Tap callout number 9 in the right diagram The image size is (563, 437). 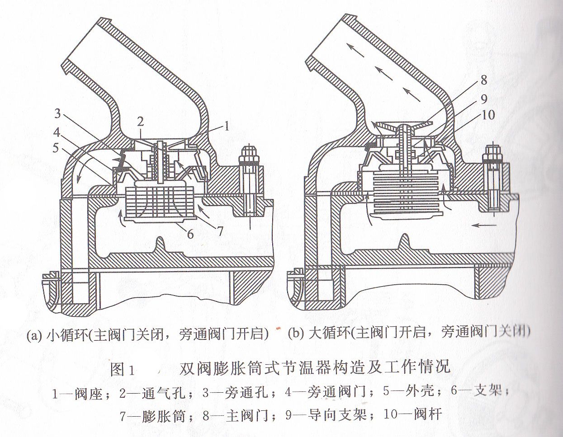483,98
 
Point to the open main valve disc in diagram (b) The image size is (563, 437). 404,125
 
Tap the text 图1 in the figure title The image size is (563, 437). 123,368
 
